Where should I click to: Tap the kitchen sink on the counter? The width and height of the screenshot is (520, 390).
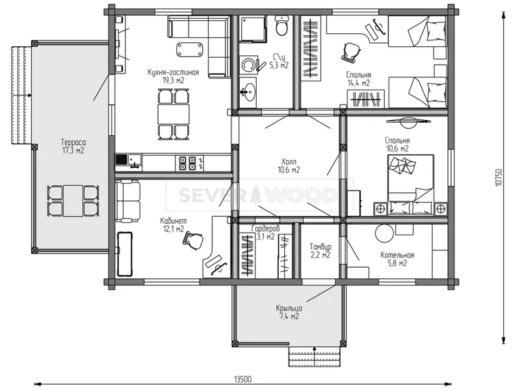click(x=135, y=161)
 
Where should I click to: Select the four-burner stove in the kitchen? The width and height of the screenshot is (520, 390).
click(x=187, y=163)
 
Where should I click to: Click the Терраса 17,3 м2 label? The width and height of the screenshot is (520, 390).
click(x=73, y=146)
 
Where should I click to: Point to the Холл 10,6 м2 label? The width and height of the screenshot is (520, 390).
click(x=289, y=166)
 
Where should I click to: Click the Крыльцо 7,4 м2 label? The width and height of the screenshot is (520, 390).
click(x=289, y=312)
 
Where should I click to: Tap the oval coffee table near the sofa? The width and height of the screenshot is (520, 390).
click(x=190, y=49)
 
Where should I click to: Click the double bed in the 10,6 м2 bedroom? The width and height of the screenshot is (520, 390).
click(x=411, y=185)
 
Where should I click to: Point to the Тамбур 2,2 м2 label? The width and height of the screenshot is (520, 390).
click(x=320, y=251)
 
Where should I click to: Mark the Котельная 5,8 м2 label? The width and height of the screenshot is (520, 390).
click(x=397, y=259)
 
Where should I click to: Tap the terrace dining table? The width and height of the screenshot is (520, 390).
click(x=73, y=201)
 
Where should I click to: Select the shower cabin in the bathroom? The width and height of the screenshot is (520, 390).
click(x=253, y=29)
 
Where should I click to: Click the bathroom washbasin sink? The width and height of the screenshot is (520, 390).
click(x=248, y=91)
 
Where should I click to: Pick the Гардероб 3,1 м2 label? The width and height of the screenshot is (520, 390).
click(x=265, y=233)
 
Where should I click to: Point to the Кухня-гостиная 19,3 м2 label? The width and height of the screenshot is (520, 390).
click(x=173, y=76)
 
